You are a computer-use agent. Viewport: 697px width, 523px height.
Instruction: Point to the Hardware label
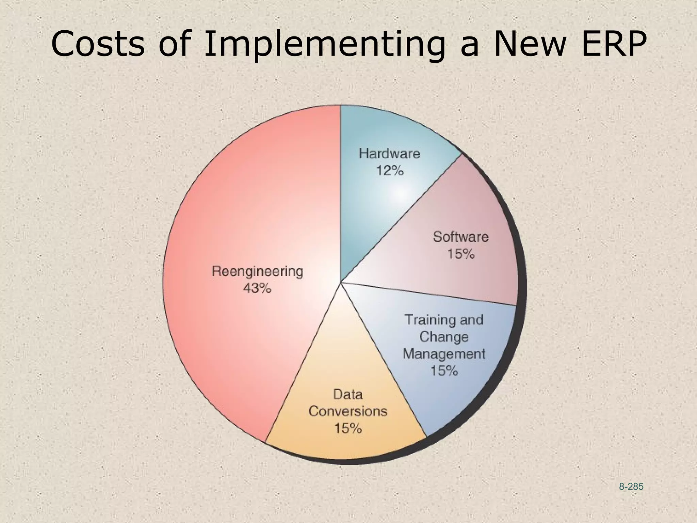point(390,154)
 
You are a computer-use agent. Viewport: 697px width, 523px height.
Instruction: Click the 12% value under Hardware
point(390,171)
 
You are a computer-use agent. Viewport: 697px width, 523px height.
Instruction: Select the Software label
point(460,237)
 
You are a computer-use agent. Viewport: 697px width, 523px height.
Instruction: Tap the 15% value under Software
point(460,254)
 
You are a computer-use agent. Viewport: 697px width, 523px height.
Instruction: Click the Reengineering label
point(257,272)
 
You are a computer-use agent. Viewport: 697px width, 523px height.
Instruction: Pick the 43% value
point(257,288)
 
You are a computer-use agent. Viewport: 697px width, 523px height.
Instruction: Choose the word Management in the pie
point(444,354)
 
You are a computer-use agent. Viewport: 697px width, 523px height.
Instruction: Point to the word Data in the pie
point(348,395)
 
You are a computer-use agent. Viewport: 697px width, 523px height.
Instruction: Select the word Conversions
point(348,411)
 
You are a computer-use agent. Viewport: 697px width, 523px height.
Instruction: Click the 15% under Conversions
point(348,428)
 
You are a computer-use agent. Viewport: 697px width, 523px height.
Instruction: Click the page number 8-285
point(631,487)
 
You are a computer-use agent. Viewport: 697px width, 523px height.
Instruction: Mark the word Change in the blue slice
point(444,337)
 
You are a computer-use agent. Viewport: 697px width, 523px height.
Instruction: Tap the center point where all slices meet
point(341,282)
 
